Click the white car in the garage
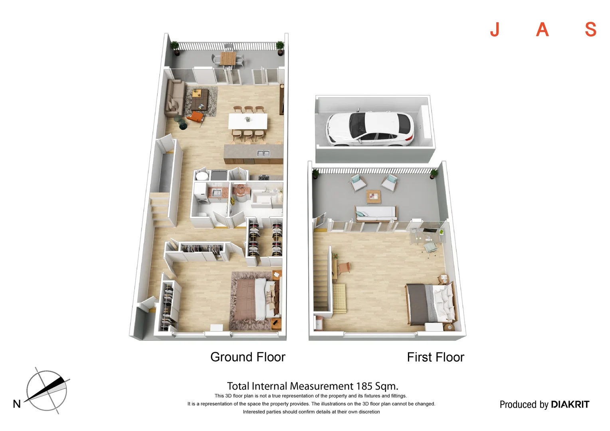pos(370,129)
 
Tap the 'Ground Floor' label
pos(248,357)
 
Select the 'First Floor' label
pos(435,357)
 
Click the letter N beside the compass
pos(17,404)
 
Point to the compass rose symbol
pos(47,391)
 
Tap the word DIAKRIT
pos(570,404)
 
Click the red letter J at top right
pos(495,30)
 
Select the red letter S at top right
pos(590,30)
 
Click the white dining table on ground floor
pos(248,121)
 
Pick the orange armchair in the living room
pos(195,117)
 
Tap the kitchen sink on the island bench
pos(263,153)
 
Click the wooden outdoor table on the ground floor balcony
pos(228,59)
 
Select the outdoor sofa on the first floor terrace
pos(376,213)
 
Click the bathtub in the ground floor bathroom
pos(265,198)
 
